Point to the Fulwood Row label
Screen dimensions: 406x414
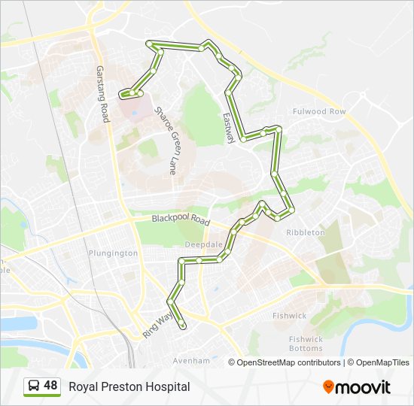pos(319,112)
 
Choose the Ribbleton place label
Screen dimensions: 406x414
pos(306,233)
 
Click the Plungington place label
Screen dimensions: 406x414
pos(113,253)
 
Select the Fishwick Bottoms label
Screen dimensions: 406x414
pos(306,344)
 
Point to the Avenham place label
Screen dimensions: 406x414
pos(191,361)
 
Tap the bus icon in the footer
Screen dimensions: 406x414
pos(34,386)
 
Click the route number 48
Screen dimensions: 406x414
pos(50,386)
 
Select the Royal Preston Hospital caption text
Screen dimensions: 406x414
pos(129,386)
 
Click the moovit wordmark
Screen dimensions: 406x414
pos(364,387)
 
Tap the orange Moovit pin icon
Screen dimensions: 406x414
pos(328,386)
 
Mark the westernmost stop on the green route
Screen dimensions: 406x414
pos(122,95)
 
